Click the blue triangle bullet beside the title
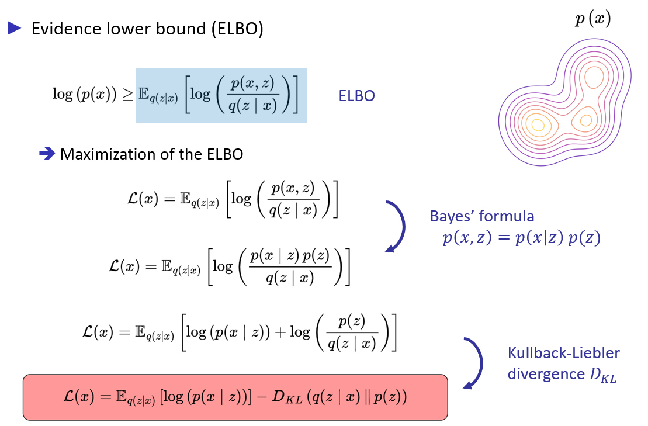coord(14,27)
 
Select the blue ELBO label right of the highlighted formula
coord(356,95)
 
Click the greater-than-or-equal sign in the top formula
coord(128,95)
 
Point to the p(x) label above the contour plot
coord(592,19)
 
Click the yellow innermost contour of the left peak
coord(538,124)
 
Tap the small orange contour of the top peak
coord(595,77)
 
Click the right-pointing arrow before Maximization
coord(47,154)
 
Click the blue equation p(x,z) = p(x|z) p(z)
coord(521,238)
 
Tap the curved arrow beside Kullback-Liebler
coord(476,362)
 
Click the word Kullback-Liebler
coord(563,353)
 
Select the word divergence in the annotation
coord(545,374)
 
